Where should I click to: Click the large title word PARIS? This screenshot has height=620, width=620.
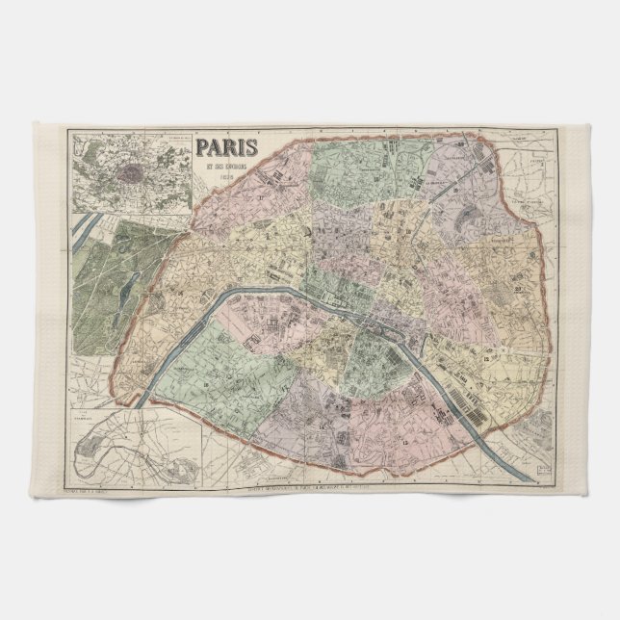[227, 148]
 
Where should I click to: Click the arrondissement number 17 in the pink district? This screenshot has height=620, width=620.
[261, 197]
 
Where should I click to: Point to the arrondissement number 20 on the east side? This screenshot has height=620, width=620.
[518, 289]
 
